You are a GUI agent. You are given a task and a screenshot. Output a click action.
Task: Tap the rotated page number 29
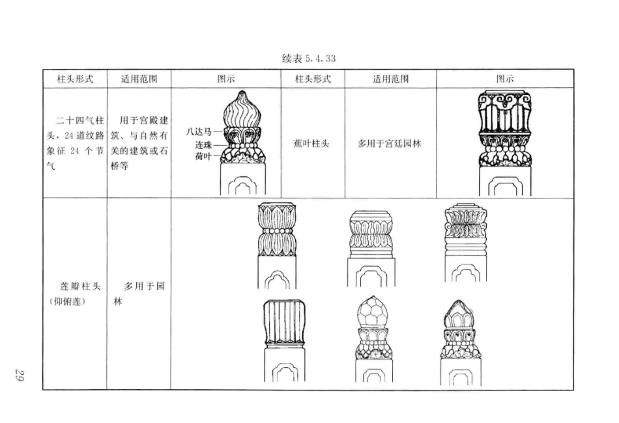20,375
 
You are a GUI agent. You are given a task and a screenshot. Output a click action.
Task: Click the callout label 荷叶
203,156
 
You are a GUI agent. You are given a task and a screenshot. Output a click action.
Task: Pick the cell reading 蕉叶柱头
311,143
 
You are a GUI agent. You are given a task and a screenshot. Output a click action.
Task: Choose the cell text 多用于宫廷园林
389,143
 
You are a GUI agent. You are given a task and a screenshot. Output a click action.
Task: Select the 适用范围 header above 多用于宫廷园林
390,79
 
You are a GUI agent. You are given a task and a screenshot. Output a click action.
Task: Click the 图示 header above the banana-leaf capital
504,79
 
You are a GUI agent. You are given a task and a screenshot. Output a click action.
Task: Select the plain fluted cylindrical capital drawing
285,321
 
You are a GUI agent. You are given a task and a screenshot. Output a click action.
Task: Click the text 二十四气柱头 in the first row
75,122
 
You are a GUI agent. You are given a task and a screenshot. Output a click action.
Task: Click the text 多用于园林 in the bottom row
140,286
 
